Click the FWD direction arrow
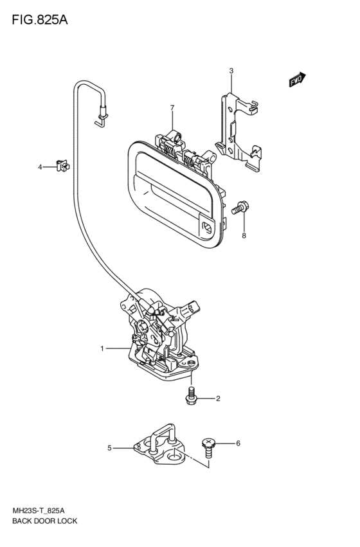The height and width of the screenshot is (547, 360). point(297,80)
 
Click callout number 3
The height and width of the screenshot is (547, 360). point(231,71)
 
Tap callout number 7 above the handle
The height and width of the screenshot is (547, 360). point(172,108)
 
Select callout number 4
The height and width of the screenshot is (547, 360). point(40,168)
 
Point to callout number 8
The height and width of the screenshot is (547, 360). point(244,236)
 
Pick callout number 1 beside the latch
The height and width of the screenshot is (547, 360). point(102,348)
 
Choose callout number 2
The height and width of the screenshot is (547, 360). point(218,399)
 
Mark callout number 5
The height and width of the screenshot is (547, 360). point(109,448)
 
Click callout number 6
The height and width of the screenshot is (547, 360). point(239,444)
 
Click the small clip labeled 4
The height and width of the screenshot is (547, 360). point(62,166)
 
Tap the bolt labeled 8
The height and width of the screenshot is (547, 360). point(240,207)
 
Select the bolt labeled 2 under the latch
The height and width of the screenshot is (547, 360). point(192,397)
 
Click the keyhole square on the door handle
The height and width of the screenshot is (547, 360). point(206,228)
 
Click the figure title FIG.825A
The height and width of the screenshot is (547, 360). point(40,20)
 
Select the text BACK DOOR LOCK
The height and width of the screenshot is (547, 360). point(44,521)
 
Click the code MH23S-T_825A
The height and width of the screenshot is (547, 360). point(39,511)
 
